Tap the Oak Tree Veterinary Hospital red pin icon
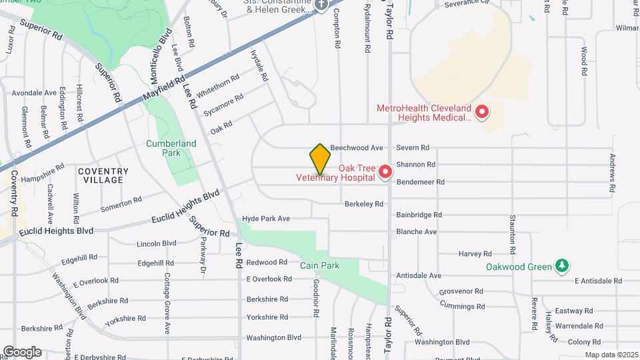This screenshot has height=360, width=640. (385, 173)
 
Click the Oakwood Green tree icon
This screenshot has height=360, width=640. (562, 267)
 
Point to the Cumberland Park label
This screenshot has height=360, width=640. (171, 148)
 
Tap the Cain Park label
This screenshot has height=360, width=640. (319, 265)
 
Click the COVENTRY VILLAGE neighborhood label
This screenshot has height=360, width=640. (103, 176)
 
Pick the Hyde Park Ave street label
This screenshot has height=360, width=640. (266, 219)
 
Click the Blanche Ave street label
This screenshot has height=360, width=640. (416, 232)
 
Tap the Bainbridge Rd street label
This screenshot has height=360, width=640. (419, 215)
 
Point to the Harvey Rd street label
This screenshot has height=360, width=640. (475, 254)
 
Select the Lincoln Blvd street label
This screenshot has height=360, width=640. (156, 244)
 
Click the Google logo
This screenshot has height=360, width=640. (22, 352)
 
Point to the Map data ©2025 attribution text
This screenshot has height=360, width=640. (611, 355)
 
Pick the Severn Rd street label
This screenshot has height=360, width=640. (413, 148)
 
